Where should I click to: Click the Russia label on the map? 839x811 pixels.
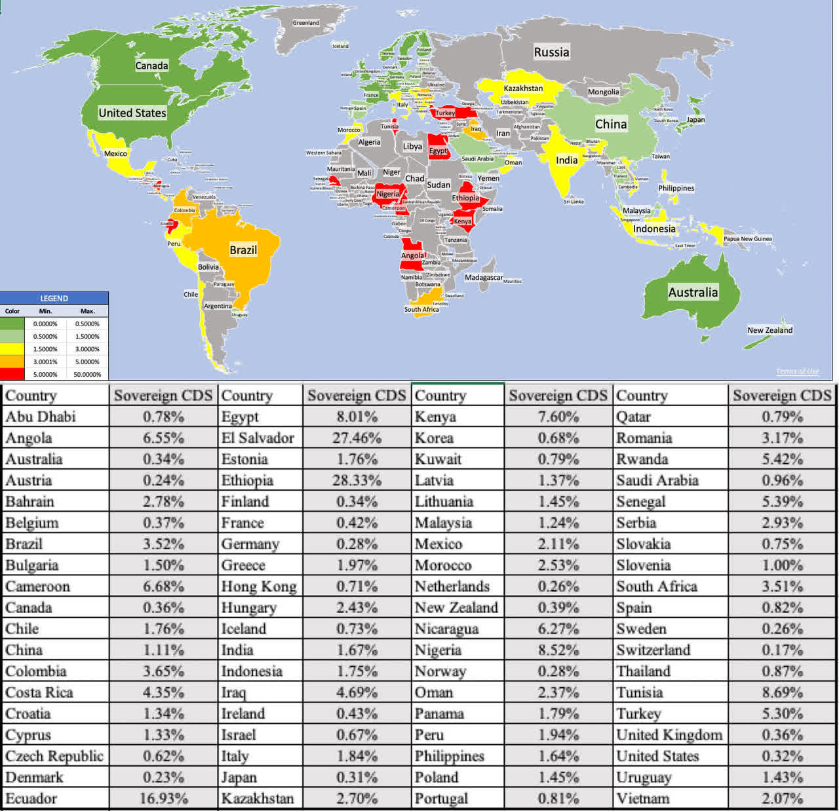[x=551, y=52]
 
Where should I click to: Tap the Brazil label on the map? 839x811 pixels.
[x=243, y=250]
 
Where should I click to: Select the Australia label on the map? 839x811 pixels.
[x=693, y=292]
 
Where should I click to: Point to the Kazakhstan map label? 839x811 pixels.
[x=523, y=88]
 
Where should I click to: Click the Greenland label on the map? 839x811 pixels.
[x=306, y=23]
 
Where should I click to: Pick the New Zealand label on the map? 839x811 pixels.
[x=770, y=330]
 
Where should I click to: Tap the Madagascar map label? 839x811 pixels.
[x=484, y=278]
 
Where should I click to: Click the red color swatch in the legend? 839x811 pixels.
[x=12, y=374]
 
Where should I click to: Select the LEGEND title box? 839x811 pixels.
[x=54, y=298]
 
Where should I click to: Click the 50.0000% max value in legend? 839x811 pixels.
[x=87, y=374]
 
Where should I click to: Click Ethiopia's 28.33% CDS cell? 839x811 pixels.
[x=357, y=480]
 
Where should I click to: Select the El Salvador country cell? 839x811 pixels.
[x=258, y=438]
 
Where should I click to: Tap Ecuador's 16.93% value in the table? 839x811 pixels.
[x=163, y=799]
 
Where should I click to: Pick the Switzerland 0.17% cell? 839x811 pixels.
[x=782, y=650]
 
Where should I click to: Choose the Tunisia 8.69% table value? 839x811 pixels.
[x=782, y=692]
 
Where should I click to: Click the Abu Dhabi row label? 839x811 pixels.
[x=41, y=417]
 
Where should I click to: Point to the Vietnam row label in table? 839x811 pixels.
[x=643, y=799]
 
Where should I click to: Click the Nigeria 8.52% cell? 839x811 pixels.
[x=558, y=650]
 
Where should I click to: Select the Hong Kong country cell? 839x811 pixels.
[x=259, y=586]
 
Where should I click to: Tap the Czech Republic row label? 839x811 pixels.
[x=54, y=756]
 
